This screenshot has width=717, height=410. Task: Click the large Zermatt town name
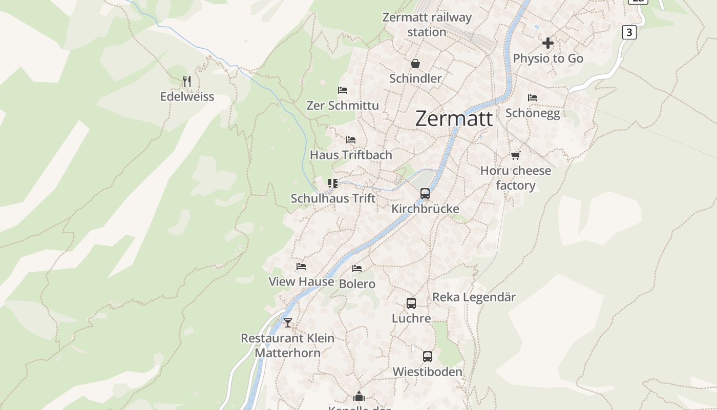pyautogui.click(x=454, y=118)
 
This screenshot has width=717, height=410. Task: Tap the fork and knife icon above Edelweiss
pyautogui.click(x=187, y=81)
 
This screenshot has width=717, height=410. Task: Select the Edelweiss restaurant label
pyautogui.click(x=187, y=97)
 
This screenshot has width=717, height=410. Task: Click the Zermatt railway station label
pyautogui.click(x=427, y=25)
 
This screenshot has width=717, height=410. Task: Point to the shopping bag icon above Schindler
pyautogui.click(x=415, y=64)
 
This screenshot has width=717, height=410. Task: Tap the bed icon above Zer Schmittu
pyautogui.click(x=343, y=90)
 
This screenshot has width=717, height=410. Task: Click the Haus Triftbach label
pyautogui.click(x=351, y=155)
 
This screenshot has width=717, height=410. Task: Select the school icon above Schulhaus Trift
pyautogui.click(x=333, y=183)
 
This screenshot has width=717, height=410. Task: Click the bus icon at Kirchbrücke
pyautogui.click(x=425, y=193)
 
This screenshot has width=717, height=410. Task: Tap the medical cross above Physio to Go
pyautogui.click(x=548, y=43)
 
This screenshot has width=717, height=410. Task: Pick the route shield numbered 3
pyautogui.click(x=629, y=32)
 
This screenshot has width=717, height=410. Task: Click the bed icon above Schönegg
pyautogui.click(x=533, y=97)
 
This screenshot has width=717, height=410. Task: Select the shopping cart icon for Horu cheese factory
pyautogui.click(x=515, y=155)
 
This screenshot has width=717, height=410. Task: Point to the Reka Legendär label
pyautogui.click(x=474, y=297)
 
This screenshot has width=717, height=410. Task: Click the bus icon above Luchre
pyautogui.click(x=411, y=303)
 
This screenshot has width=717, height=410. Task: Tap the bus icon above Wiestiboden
pyautogui.click(x=428, y=356)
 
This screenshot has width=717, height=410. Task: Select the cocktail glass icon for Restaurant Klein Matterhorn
pyautogui.click(x=288, y=322)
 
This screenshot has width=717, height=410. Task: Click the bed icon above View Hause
pyautogui.click(x=301, y=266)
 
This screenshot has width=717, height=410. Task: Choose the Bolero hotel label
pyautogui.click(x=357, y=284)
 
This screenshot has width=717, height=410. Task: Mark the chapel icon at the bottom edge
pyautogui.click(x=359, y=396)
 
